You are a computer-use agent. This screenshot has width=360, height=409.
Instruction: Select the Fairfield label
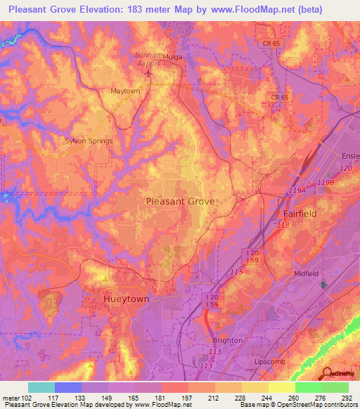click(300, 213)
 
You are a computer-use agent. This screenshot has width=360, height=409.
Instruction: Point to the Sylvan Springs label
click(89, 141)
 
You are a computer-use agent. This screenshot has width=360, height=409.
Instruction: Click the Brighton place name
click(227, 340)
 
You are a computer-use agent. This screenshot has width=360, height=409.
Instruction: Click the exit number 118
click(283, 225)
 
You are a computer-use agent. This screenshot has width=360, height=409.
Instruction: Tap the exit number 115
click(236, 272)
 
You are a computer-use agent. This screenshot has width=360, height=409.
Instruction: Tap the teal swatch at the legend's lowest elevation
click(41, 387)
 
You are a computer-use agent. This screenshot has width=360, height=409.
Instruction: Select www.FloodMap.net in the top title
click(250, 9)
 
